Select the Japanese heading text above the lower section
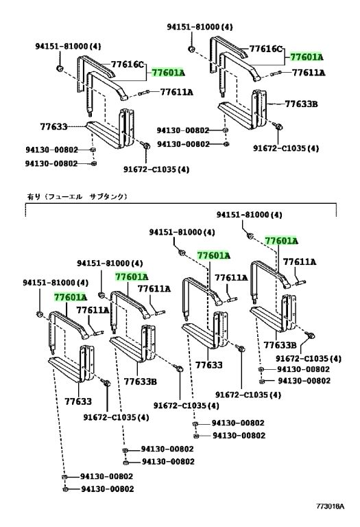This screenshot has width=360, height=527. pos(77,196)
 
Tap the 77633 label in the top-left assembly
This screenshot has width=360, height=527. pos(53,127)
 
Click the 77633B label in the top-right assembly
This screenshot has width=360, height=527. pos(301,104)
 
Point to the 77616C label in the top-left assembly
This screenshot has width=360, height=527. pos(128,64)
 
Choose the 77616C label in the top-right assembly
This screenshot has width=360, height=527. pos(266,49)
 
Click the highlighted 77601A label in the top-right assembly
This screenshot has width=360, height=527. pos(307,57)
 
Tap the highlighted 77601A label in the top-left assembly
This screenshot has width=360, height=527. pos(168,72)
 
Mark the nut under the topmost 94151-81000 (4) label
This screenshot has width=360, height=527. pos(191,49)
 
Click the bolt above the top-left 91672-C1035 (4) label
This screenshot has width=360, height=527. pos(146,145)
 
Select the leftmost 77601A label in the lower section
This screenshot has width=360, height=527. pos(71,297)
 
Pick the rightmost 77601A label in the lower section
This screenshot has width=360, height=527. pos(281,241)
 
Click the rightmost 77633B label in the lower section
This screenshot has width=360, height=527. pos(280,345)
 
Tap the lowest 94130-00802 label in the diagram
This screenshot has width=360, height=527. pos(108,489)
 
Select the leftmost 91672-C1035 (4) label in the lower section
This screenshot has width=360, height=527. pos(116,417)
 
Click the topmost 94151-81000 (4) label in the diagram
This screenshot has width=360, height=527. pos(200,27)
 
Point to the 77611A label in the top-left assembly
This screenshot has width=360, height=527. pos(177,92)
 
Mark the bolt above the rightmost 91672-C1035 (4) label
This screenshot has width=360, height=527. pos(310,336)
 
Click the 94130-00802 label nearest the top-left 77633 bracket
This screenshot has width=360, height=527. pos(51,149)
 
